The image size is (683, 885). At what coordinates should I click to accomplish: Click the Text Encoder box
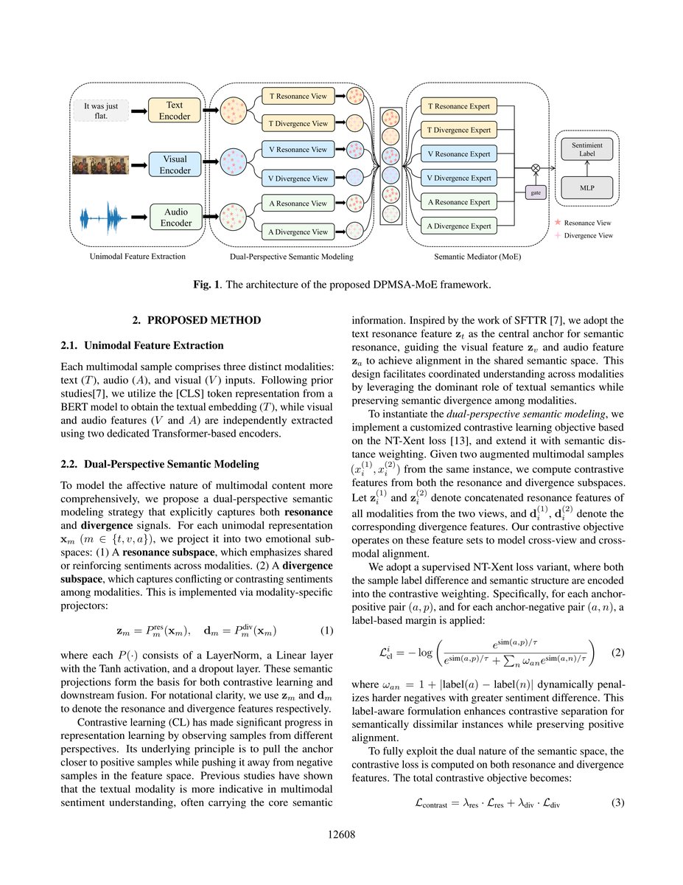coord(174,111)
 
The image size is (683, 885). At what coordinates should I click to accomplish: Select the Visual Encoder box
coord(174,164)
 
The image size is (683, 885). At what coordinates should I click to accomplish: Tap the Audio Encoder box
coord(174,217)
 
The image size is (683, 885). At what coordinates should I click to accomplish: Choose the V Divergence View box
coord(298,177)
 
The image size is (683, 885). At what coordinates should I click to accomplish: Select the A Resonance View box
coord(298,203)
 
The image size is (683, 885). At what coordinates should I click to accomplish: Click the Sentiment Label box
coord(586,150)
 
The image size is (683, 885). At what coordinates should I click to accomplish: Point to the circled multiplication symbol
coord(535,168)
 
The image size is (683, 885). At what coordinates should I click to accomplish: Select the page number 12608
coord(342,834)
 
